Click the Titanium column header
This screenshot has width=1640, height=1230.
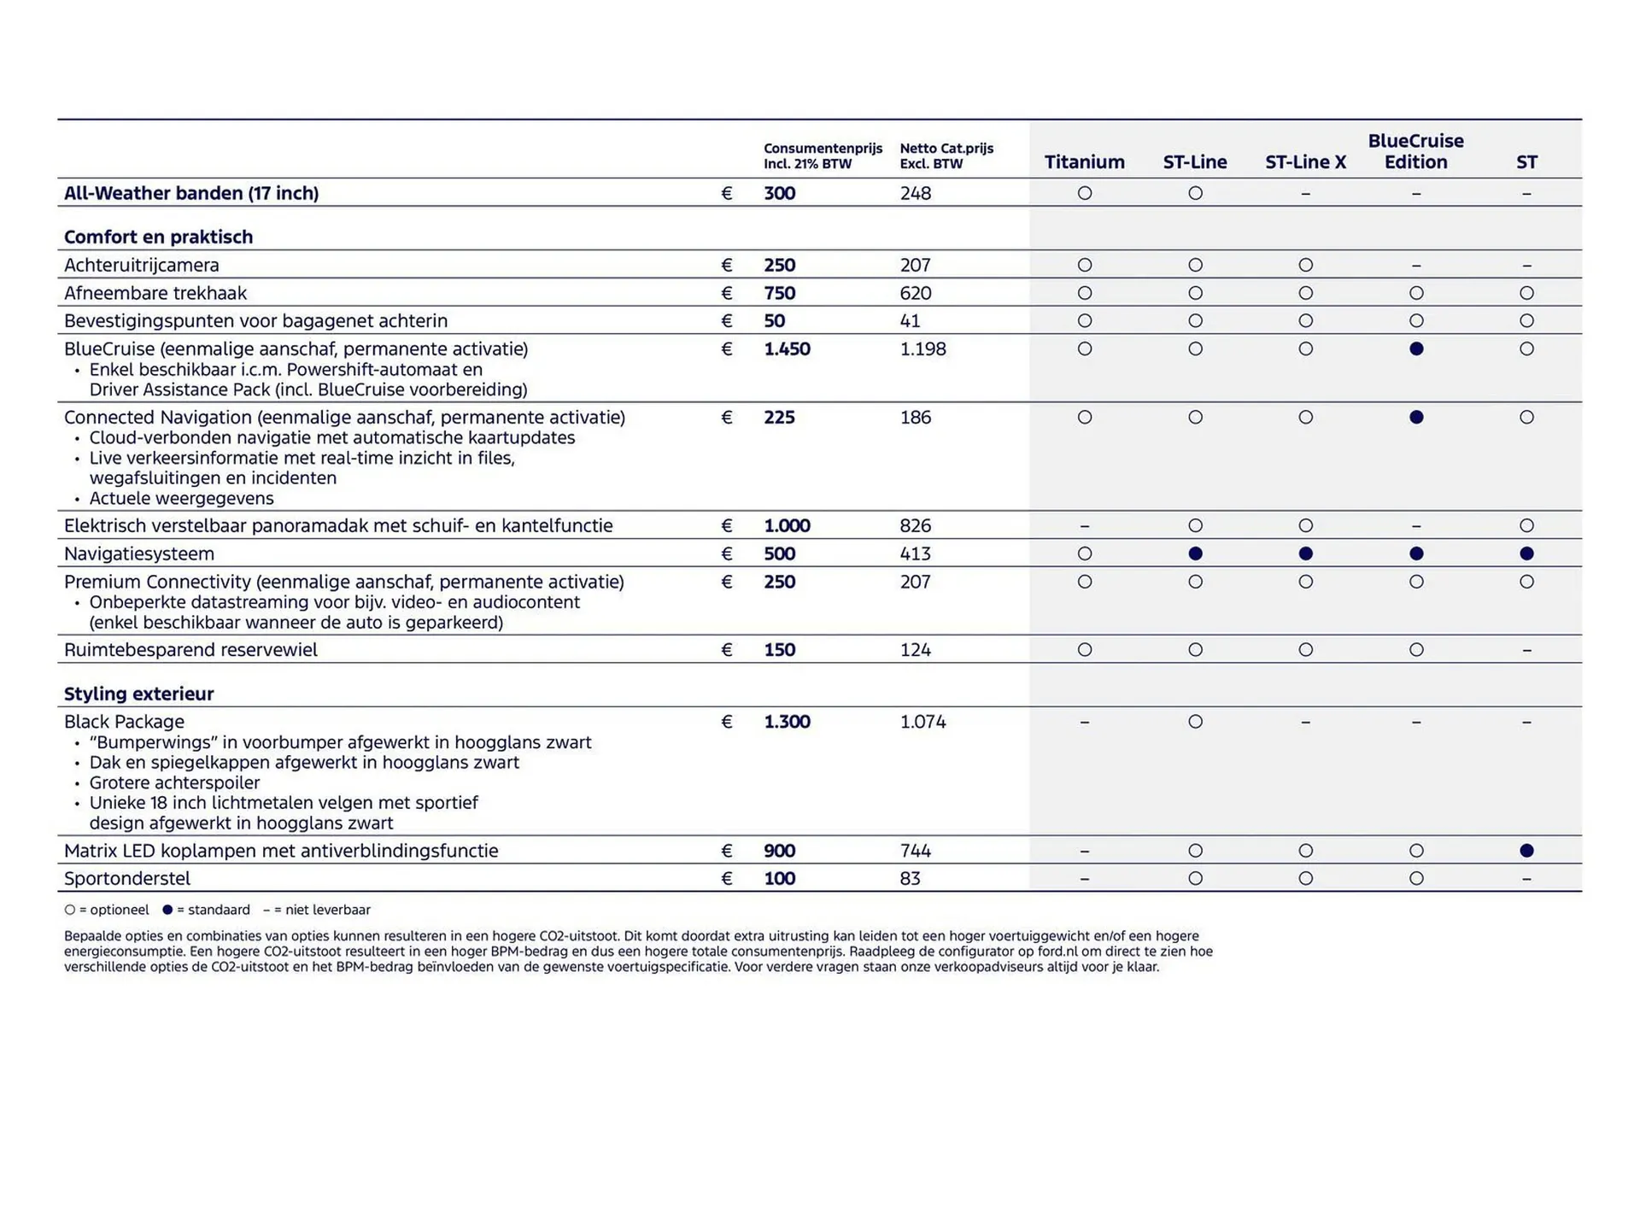click(1084, 162)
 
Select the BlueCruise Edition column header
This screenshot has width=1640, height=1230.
click(1415, 151)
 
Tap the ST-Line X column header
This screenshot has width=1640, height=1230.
click(1305, 162)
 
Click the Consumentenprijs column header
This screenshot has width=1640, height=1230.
click(823, 155)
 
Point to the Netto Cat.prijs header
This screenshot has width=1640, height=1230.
click(946, 155)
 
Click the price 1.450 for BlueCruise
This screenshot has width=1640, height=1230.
click(787, 348)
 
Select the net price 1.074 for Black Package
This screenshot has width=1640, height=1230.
click(922, 722)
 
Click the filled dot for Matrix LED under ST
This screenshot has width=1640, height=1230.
click(1526, 851)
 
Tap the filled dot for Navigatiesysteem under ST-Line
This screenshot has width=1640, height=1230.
click(1195, 553)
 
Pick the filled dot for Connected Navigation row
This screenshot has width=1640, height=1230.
click(1416, 418)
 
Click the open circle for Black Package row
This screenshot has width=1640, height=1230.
click(1195, 722)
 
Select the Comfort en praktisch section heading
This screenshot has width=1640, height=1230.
click(158, 237)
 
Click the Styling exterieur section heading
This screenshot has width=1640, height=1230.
click(138, 694)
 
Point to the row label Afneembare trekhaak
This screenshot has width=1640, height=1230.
click(155, 293)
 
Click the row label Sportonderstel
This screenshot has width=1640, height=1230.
click(127, 878)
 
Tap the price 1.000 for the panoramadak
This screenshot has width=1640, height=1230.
click(787, 525)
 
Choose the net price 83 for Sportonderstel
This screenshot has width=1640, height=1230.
click(910, 878)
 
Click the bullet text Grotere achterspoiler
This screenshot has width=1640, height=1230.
click(174, 782)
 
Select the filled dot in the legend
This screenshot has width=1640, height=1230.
click(167, 910)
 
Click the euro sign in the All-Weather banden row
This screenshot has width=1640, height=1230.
click(727, 193)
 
